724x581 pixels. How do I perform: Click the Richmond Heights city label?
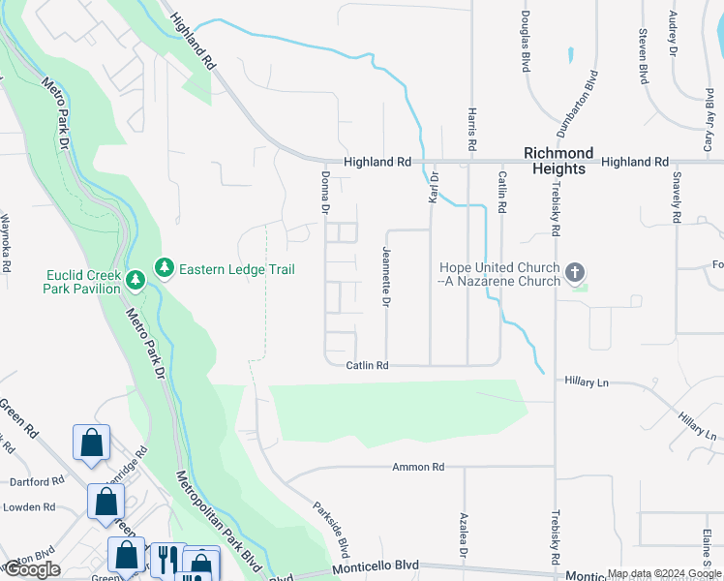[558, 161]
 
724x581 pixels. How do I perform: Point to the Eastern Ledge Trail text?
[235, 269]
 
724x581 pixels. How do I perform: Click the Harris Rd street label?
[470, 128]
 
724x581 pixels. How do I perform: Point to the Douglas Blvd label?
[525, 42]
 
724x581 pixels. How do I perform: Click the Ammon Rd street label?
[417, 467]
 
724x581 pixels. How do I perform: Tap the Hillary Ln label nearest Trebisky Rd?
[588, 383]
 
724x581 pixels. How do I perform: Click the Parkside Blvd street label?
[329, 524]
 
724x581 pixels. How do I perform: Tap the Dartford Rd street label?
[35, 481]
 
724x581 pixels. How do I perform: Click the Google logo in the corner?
[32, 569]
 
